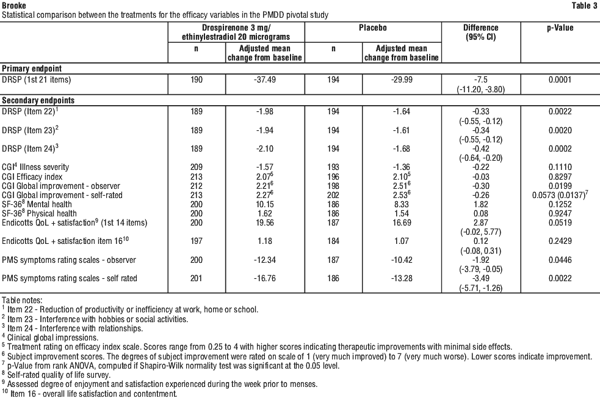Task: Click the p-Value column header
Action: click(x=560, y=28)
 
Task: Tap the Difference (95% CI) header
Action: click(x=481, y=32)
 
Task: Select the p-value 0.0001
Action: click(x=560, y=79)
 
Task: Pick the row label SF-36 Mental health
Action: click(x=38, y=205)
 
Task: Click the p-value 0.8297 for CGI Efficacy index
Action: click(x=560, y=176)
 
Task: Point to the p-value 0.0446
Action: click(x=560, y=260)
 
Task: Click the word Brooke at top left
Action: click(x=13, y=4)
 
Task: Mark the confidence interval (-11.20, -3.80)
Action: click(x=481, y=89)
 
